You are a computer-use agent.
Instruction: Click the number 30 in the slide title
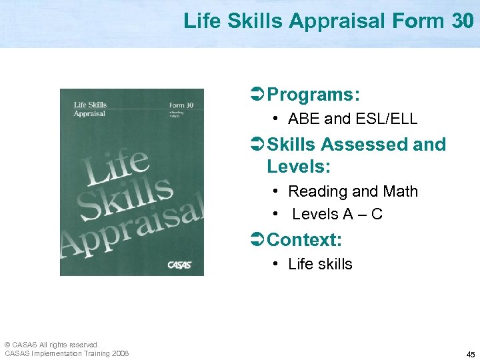click(462, 21)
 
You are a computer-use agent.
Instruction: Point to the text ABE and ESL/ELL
click(352, 119)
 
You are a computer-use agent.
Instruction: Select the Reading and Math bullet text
click(353, 191)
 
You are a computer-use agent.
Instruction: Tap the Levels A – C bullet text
click(337, 214)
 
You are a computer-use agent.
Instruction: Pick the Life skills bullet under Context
click(320, 264)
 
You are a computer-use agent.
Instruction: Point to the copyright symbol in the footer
click(7, 345)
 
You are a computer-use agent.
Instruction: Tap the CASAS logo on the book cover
click(179, 265)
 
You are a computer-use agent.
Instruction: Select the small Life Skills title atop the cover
click(89, 105)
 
